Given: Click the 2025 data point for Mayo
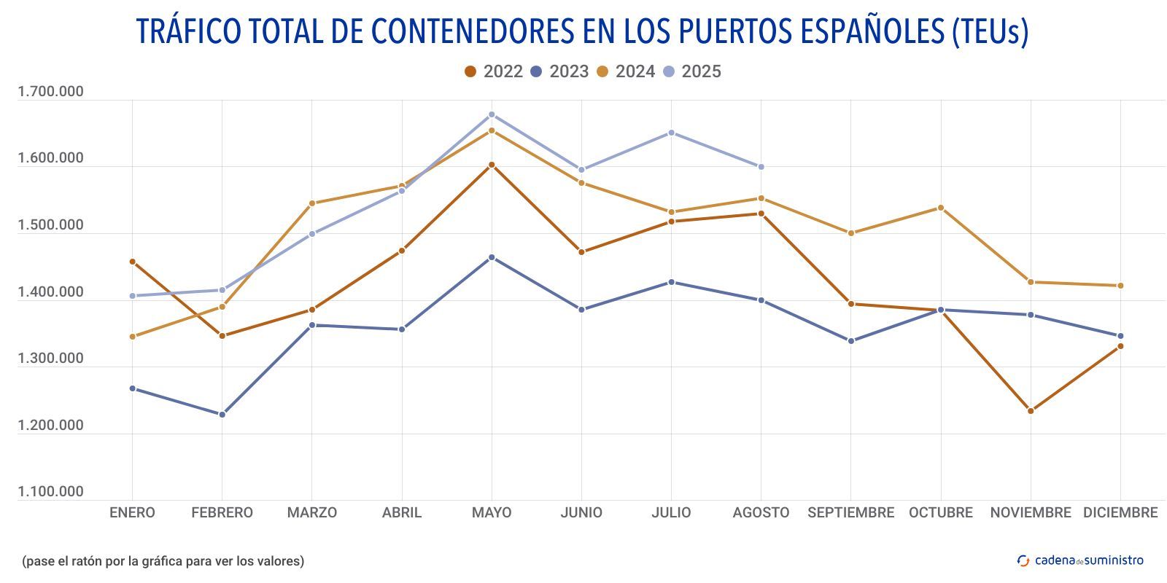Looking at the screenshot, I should click(x=492, y=114).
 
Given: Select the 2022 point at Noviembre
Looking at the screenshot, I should click(x=1031, y=411).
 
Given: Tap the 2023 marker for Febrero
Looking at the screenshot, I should click(x=222, y=415).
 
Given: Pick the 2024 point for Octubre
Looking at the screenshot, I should click(x=941, y=208).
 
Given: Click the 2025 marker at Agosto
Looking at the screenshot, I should click(x=761, y=167).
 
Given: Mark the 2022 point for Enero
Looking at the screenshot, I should click(x=132, y=262).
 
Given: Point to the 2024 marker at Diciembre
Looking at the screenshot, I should click(x=1120, y=286).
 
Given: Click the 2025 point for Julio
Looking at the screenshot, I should click(x=671, y=133).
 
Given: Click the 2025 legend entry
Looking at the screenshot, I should click(x=692, y=71).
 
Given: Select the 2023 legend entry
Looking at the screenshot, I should click(x=559, y=71).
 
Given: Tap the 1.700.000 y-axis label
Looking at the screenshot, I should click(x=50, y=92).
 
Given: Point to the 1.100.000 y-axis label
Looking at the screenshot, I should click(x=50, y=492).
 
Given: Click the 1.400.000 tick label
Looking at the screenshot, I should click(x=50, y=292).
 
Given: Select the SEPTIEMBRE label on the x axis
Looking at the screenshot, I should click(x=850, y=512).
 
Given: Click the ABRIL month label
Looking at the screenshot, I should click(x=402, y=512).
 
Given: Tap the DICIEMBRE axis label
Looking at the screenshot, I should click(x=1120, y=512).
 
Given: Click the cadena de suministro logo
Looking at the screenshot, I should click(x=1080, y=560).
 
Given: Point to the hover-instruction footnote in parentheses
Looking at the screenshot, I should click(x=163, y=561).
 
